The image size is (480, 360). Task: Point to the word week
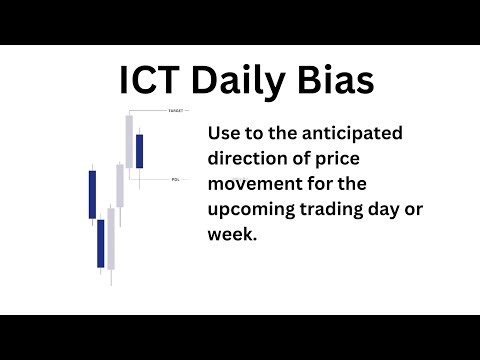click(x=233, y=237)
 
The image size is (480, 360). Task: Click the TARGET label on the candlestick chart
click(x=176, y=109)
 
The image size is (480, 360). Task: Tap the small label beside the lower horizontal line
click(x=176, y=180)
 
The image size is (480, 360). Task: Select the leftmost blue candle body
click(x=92, y=195)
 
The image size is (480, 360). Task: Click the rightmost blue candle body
click(x=139, y=150)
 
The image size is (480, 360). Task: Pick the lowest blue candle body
click(x=101, y=243)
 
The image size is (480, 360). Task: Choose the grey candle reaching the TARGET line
click(x=129, y=141)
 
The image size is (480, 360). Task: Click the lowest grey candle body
click(x=110, y=240)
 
